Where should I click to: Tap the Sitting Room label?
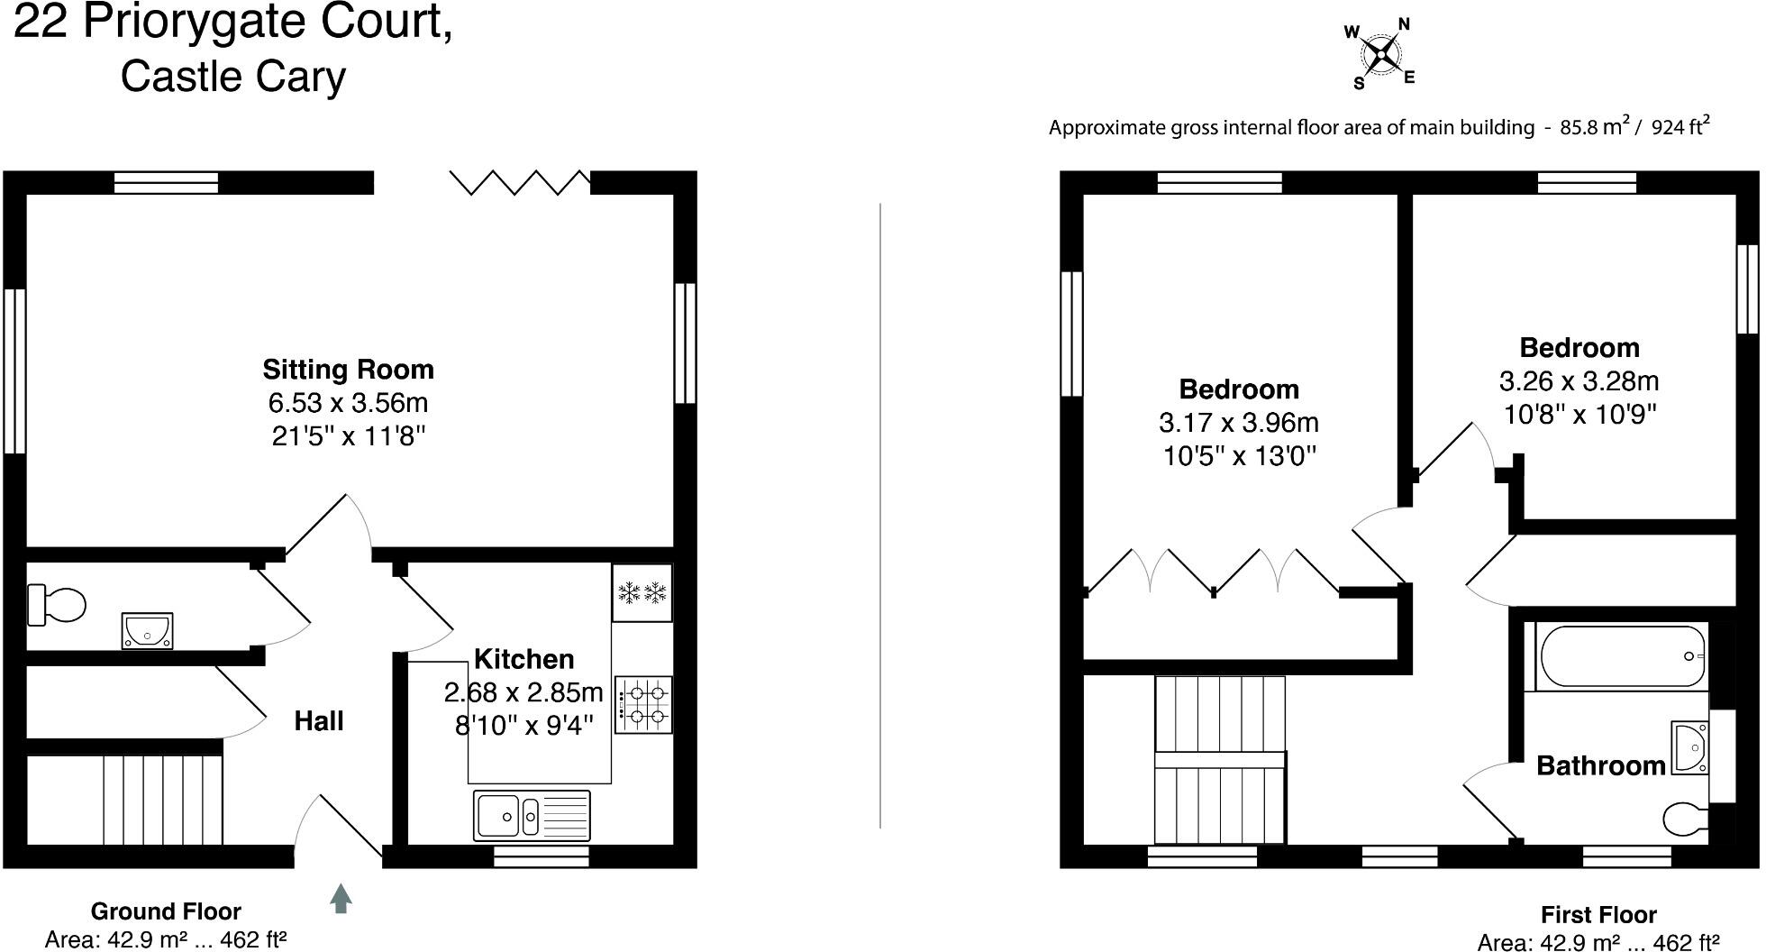click(x=348, y=370)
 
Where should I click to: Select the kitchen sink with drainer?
click(x=532, y=815)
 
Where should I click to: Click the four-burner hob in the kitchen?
click(x=644, y=705)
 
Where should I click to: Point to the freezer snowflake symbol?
click(x=642, y=592)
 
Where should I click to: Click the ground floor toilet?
click(x=54, y=604)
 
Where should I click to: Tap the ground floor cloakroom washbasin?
click(x=148, y=630)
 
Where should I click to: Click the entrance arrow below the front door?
click(x=340, y=899)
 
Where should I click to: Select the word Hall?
click(x=318, y=721)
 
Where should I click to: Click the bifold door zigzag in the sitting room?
click(x=520, y=182)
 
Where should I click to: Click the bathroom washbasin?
click(x=1689, y=747)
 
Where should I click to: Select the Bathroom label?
click(x=1600, y=766)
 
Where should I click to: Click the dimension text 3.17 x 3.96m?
click(x=1238, y=423)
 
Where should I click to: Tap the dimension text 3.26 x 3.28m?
click(x=1579, y=381)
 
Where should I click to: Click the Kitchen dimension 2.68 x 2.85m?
click(x=523, y=692)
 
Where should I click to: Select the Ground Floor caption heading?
click(x=166, y=911)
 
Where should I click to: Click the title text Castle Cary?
click(x=232, y=76)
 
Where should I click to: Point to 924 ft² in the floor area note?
click(x=1680, y=127)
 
